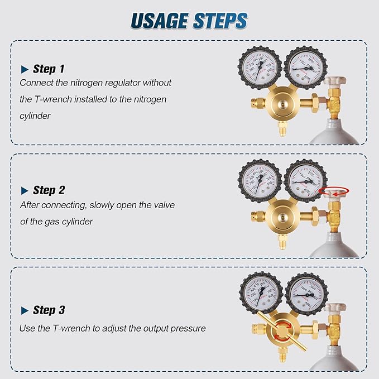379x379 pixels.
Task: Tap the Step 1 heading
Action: point(49,69)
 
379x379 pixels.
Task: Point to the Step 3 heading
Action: point(49,310)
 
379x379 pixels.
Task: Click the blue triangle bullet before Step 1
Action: point(25,70)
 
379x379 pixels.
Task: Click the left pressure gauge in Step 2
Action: point(260,181)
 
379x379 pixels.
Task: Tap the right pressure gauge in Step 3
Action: point(306,294)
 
